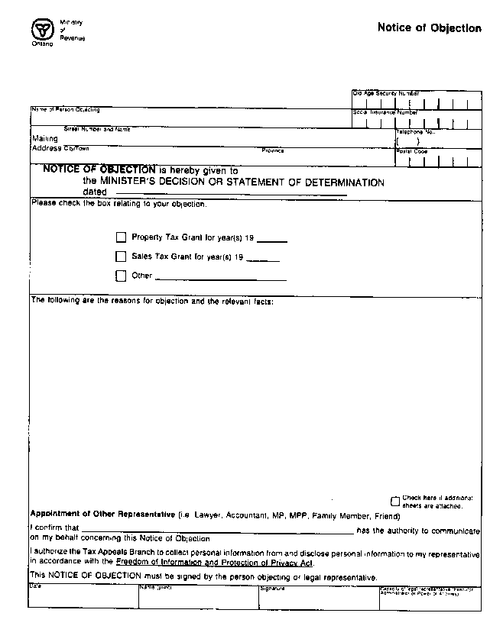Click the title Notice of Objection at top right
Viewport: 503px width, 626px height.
click(429, 28)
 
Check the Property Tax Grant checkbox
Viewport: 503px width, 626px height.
click(121, 238)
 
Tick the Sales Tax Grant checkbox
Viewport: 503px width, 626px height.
click(121, 257)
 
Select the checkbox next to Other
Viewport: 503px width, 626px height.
click(121, 276)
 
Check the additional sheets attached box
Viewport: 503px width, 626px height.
click(395, 502)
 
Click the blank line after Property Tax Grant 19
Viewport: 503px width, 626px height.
click(272, 239)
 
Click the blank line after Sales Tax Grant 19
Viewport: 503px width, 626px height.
click(264, 259)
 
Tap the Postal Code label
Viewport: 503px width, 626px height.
click(412, 151)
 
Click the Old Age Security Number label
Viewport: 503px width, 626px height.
click(385, 92)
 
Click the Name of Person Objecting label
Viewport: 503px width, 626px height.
click(65, 110)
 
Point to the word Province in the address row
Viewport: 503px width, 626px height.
click(272, 150)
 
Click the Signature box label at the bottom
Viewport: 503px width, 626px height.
click(272, 589)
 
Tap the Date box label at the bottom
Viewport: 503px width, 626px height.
click(35, 586)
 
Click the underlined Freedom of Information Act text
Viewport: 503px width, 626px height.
click(214, 563)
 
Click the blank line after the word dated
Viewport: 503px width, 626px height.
click(226, 193)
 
